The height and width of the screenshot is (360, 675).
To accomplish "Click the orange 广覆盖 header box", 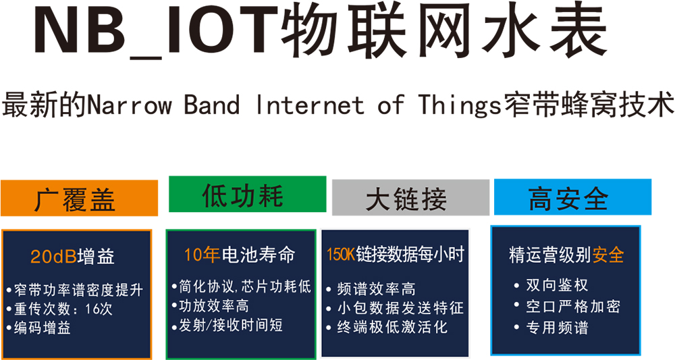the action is tap(79, 198).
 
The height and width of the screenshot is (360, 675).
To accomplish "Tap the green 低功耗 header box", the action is tap(248, 195).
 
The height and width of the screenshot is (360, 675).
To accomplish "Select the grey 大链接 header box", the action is tap(410, 197).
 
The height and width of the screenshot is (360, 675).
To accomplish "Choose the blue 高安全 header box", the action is tap(572, 197).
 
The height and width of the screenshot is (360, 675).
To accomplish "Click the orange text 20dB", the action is tap(53, 257).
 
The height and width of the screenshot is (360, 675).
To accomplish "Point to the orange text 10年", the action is tap(202, 255).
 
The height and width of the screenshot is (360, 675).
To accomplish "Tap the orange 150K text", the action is tap(340, 255).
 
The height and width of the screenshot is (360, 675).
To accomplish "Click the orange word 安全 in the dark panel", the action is tap(608, 255).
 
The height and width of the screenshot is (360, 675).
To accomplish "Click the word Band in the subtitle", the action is tap(211, 105).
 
